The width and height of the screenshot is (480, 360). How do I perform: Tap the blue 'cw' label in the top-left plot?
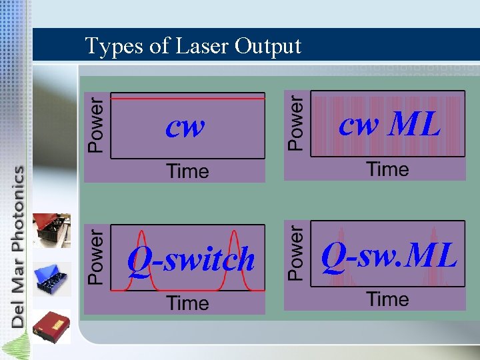(x=185, y=125)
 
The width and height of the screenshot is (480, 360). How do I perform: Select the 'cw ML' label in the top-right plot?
(x=390, y=123)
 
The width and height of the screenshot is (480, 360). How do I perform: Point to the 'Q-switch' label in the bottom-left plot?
(x=191, y=259)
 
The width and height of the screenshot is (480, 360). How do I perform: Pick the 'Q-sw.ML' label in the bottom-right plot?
(x=389, y=255)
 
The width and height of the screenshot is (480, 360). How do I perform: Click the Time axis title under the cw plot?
(x=188, y=171)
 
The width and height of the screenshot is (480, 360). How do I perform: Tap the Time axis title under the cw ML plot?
(x=387, y=169)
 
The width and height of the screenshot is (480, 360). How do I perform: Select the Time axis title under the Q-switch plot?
(x=188, y=303)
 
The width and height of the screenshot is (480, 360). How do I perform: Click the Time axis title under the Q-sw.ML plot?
(x=387, y=299)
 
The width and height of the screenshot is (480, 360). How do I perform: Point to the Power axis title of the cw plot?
(x=97, y=125)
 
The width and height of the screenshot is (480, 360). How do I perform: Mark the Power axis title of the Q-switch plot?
(x=97, y=257)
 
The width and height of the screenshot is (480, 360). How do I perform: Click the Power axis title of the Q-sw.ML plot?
(x=296, y=253)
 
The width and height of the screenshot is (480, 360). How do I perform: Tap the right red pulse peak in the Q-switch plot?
(x=235, y=233)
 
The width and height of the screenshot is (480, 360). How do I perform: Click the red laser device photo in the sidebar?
(x=53, y=230)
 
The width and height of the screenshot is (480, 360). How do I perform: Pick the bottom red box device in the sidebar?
(x=53, y=325)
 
